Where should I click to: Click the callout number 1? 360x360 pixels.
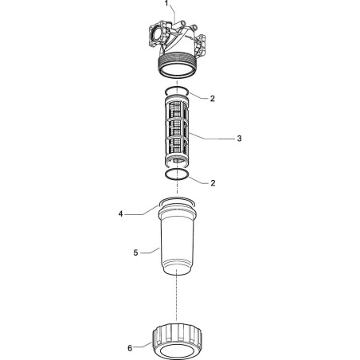pyautogui.click(x=166, y=3)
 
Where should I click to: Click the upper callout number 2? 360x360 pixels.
pyautogui.click(x=212, y=99)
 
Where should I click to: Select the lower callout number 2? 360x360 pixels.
pyautogui.click(x=213, y=183)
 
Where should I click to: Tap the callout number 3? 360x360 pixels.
pyautogui.click(x=239, y=139)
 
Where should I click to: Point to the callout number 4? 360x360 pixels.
pyautogui.click(x=121, y=213)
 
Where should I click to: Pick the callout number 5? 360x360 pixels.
pyautogui.click(x=135, y=252)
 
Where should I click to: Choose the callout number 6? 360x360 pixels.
pyautogui.click(x=130, y=348)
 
